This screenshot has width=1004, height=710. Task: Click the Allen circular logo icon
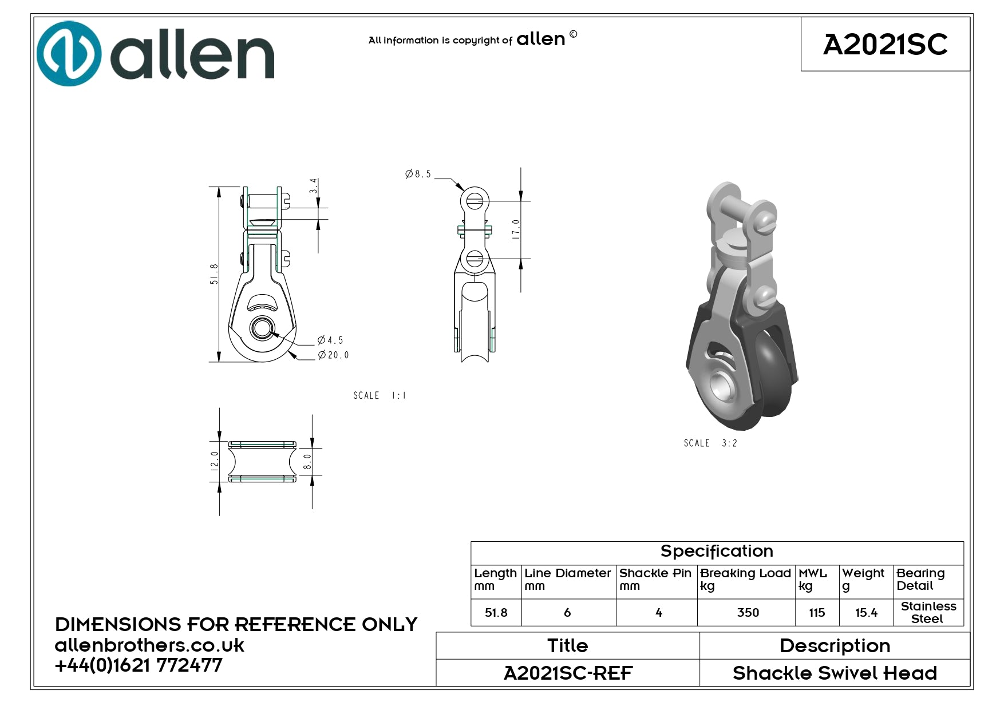[x=69, y=54]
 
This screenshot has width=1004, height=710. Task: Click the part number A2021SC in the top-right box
[x=885, y=44]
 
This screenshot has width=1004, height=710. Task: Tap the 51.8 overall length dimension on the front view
[x=214, y=274]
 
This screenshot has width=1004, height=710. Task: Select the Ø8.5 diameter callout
[x=418, y=174]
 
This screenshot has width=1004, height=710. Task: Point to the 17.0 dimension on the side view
[x=516, y=229]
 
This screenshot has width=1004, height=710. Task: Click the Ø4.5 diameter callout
[x=330, y=340]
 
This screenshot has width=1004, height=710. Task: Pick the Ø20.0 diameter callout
[x=334, y=355]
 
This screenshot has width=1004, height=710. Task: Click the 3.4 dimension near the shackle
[x=313, y=186]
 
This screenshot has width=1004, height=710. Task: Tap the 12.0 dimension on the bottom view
[x=215, y=461]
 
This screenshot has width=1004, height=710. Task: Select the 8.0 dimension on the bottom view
[x=307, y=462]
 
